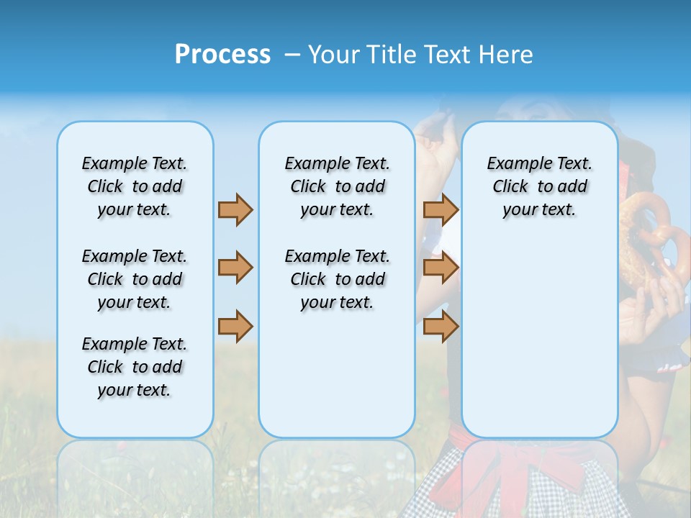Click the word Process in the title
[x=222, y=55]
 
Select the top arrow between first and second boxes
[x=235, y=209]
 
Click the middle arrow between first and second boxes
[x=235, y=268]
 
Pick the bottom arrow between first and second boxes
[x=235, y=327]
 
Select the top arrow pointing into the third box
[x=441, y=209]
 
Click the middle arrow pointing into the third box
[x=441, y=268]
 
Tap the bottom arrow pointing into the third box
[x=441, y=327]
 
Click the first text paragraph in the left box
[x=135, y=186]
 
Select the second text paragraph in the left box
[x=135, y=279]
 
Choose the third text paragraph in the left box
[x=135, y=367]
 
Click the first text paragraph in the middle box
[x=337, y=186]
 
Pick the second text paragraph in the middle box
[x=337, y=279]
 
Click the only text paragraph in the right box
[x=539, y=186]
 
